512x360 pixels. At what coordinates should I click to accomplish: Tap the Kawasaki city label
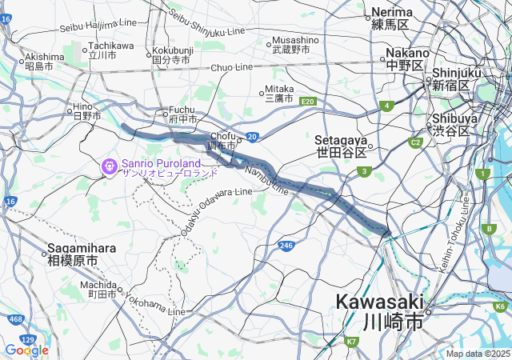point(379,312)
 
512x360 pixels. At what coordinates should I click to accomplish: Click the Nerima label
point(391,18)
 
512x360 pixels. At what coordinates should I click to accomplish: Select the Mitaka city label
point(280,94)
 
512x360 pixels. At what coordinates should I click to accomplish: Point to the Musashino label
point(295,44)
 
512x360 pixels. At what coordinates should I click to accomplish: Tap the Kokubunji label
point(173,54)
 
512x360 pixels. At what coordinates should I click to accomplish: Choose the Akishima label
point(44,62)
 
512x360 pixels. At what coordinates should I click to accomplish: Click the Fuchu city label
point(182,115)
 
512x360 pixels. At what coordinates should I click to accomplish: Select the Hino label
point(87,111)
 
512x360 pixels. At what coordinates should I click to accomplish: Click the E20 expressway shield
point(309,102)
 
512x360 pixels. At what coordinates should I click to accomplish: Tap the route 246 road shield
point(286,246)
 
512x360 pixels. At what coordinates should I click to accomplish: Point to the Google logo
point(26,350)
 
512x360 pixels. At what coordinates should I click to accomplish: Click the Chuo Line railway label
point(232,67)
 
